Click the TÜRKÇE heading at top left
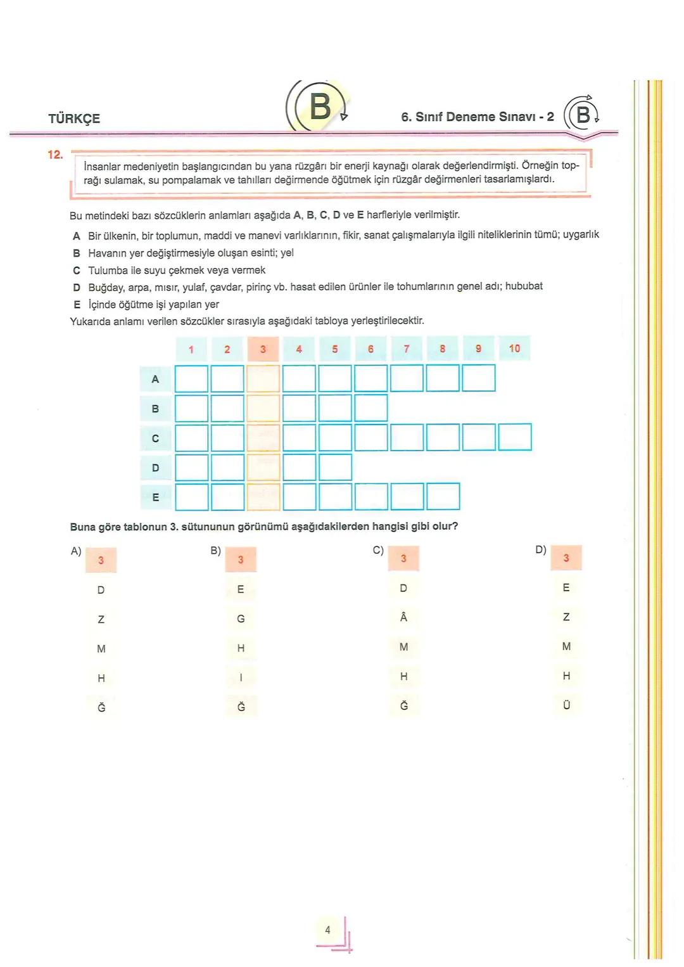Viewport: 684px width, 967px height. [x=74, y=118]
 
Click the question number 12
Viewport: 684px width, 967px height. [x=55, y=155]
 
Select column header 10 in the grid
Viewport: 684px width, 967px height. [x=514, y=349]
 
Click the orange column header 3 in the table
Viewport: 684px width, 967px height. [x=263, y=349]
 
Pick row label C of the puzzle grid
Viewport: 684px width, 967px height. [x=155, y=439]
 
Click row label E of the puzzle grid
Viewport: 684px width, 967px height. [x=155, y=497]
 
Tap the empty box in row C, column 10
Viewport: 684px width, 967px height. [x=514, y=438]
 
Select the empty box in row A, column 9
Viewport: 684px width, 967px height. [x=478, y=379]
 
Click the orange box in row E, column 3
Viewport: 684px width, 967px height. [x=263, y=497]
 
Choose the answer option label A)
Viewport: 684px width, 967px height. [x=76, y=551]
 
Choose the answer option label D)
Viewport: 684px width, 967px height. [x=540, y=550]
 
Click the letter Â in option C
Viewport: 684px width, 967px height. [x=403, y=617]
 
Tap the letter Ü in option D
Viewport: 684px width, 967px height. [x=566, y=705]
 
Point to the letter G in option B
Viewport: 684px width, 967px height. [x=241, y=619]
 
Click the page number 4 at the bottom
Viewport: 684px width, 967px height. [x=327, y=930]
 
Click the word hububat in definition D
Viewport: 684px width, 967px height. [x=524, y=286]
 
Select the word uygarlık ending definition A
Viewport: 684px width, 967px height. [x=581, y=235]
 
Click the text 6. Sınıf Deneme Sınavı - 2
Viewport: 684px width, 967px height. [x=478, y=117]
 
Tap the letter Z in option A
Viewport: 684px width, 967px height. [x=101, y=620]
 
